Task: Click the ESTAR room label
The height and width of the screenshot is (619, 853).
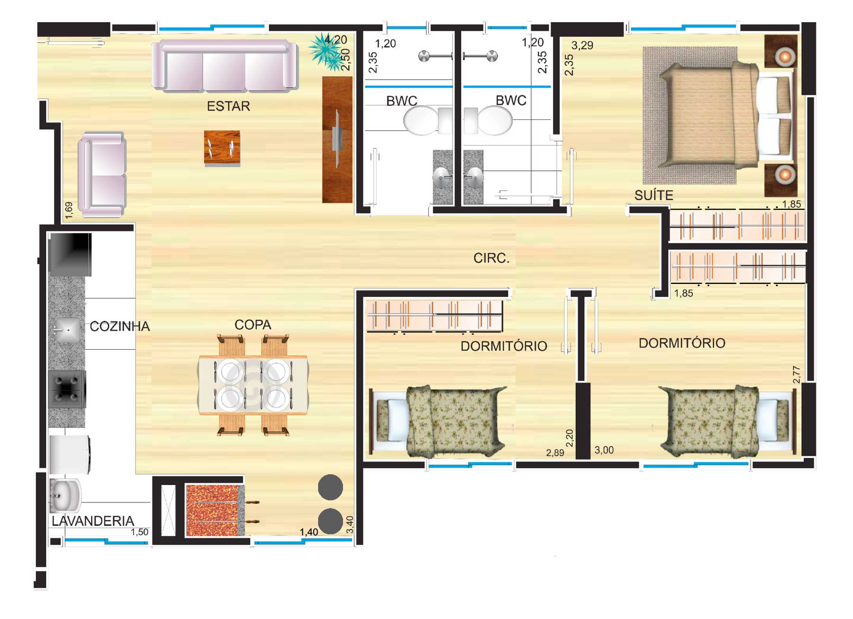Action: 228,106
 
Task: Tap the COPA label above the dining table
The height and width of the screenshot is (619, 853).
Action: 253,325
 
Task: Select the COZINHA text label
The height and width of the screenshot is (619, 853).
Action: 119,326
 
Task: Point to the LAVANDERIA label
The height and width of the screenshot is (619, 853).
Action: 93,521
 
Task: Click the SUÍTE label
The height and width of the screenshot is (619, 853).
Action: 653,195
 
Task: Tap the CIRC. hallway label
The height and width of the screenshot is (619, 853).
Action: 491,258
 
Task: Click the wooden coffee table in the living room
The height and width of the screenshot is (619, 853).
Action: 222,148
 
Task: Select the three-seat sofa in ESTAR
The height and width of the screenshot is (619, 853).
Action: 225,66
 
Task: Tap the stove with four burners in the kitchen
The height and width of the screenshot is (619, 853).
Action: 67,389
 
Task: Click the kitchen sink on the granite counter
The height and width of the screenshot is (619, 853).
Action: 67,329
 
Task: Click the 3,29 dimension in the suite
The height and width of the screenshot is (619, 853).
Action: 582,46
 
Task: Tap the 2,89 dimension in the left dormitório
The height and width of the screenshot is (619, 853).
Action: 555,453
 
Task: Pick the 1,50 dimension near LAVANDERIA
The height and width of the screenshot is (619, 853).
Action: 139,532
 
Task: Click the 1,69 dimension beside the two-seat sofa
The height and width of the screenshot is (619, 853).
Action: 69,210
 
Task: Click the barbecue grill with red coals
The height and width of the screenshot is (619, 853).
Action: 216,510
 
